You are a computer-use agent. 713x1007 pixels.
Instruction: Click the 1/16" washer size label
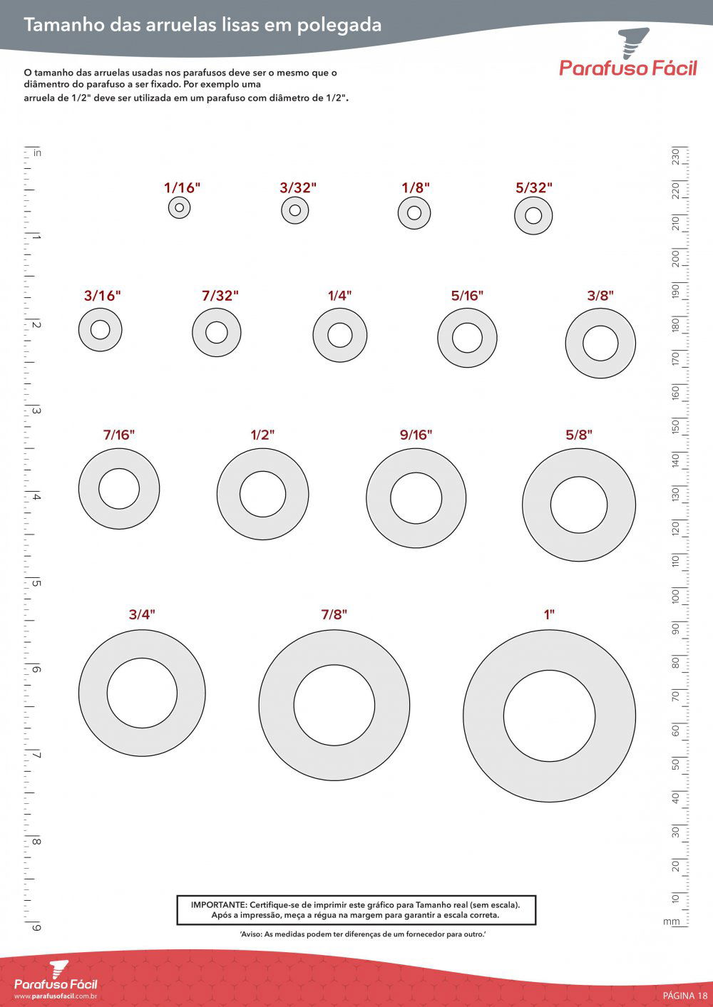tap(182, 188)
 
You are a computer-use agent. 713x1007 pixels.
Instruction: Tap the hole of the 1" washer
tap(549, 716)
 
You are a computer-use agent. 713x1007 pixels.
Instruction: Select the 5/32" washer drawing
tap(533, 216)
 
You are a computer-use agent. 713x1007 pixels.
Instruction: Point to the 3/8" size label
tap(600, 296)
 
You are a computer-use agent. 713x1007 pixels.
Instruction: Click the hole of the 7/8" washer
tap(334, 706)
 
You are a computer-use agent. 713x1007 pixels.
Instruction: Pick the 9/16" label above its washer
tap(416, 435)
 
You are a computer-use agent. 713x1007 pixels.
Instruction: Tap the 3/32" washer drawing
tap(295, 210)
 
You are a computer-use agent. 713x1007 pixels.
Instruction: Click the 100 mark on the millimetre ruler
tap(675, 596)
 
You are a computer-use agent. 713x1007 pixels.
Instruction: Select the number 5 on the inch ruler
tap(36, 584)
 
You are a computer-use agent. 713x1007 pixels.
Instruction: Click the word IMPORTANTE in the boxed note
tap(219, 904)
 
